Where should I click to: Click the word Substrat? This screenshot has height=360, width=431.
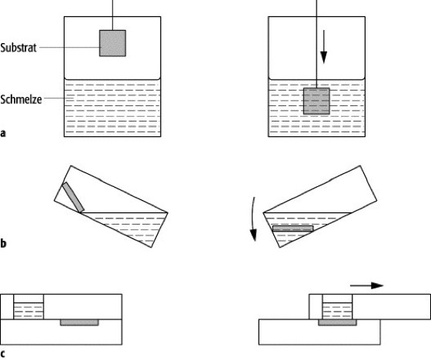18,48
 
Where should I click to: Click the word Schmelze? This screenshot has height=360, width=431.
21,99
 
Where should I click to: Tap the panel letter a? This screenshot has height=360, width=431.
3,133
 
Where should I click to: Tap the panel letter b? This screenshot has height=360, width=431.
3,243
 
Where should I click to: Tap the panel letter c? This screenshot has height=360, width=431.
3,353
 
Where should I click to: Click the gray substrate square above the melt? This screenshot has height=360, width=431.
112,43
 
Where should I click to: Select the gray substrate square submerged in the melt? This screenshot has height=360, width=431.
316,101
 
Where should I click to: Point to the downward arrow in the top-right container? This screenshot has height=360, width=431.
324,47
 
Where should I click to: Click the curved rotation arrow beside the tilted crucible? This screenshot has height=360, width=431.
253,219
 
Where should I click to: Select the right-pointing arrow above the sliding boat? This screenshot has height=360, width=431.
366,285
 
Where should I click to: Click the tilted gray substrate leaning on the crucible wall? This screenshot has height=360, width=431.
73,198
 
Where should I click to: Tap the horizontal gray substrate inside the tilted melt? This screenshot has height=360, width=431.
292,228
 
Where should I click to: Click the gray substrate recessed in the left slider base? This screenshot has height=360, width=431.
79,322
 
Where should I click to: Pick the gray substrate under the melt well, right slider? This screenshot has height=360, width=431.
337,322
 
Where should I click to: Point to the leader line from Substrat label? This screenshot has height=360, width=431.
70,47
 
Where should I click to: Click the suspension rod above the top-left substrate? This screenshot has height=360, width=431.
112,15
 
